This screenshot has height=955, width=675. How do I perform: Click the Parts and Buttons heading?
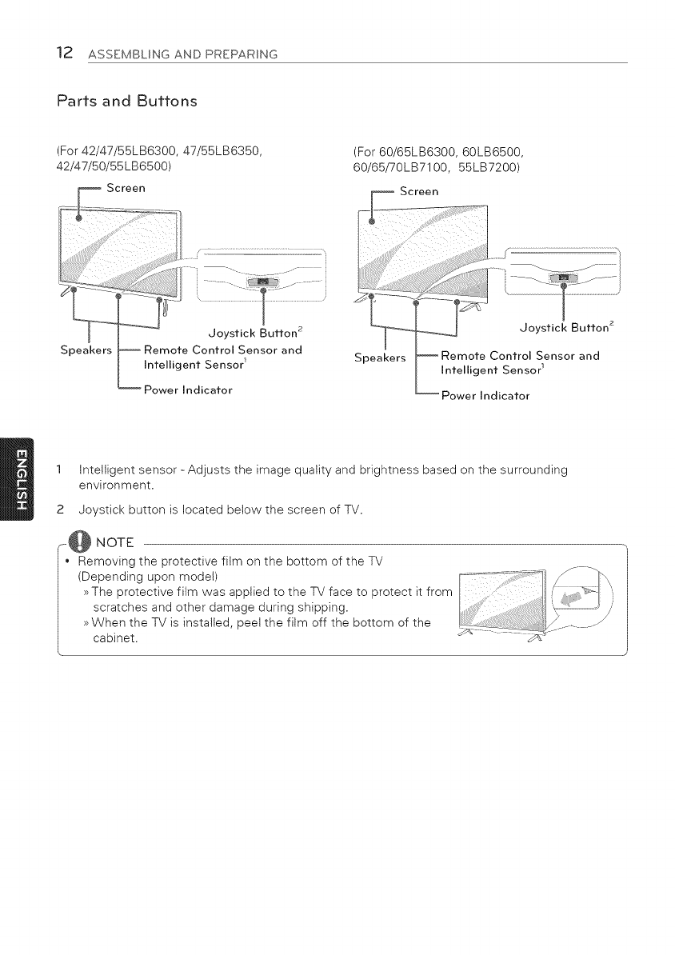point(126,102)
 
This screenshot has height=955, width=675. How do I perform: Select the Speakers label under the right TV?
point(381,357)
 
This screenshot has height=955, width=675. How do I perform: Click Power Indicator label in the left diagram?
point(187,390)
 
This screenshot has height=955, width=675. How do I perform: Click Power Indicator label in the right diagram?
point(485,395)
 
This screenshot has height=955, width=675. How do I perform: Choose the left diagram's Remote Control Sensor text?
point(222,350)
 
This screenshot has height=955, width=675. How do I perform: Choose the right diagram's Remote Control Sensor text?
point(520,356)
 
